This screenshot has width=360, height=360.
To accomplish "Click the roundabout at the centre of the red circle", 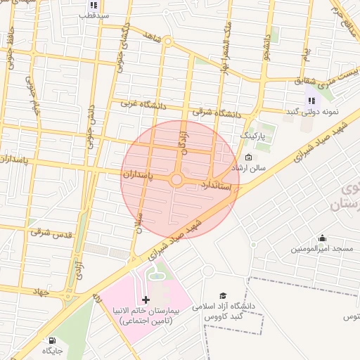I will tap(176, 181).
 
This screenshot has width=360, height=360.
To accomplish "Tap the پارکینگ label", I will tap(254, 134).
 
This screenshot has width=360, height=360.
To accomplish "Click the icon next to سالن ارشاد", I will tap(248, 157).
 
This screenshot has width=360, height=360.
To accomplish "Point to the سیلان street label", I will tap(140, 222).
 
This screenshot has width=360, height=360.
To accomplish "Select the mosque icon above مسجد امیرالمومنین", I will tap(322, 238).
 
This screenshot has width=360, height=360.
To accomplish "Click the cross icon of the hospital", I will tap(146, 300).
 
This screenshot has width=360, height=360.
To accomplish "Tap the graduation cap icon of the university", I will tap(223, 295).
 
